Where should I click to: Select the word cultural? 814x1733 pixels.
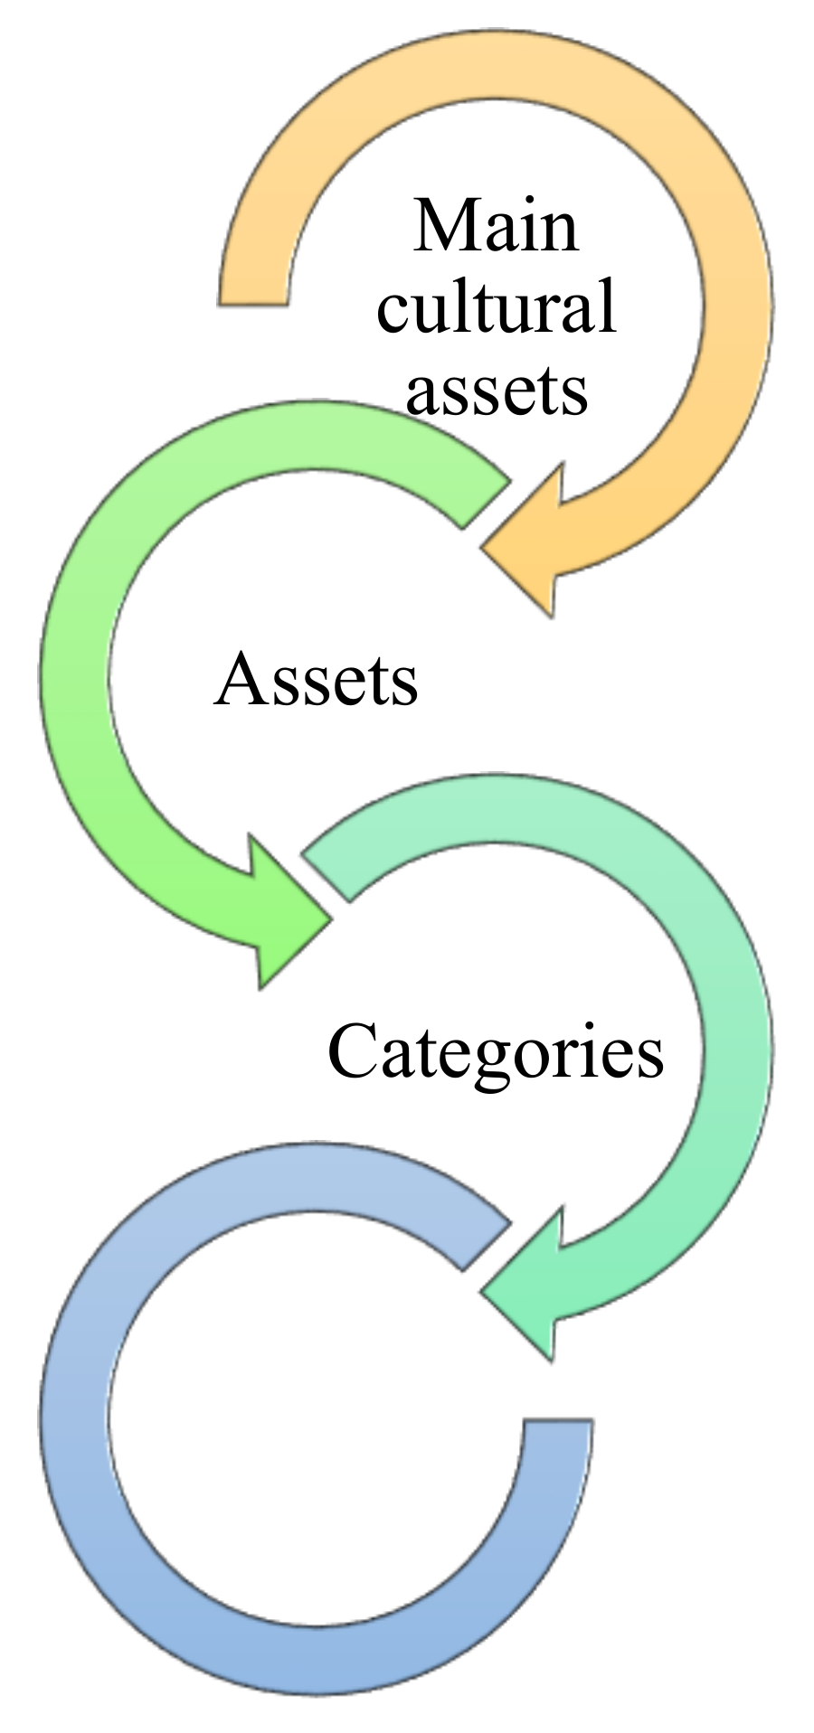click(x=496, y=307)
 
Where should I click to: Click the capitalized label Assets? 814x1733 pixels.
click(x=317, y=679)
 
